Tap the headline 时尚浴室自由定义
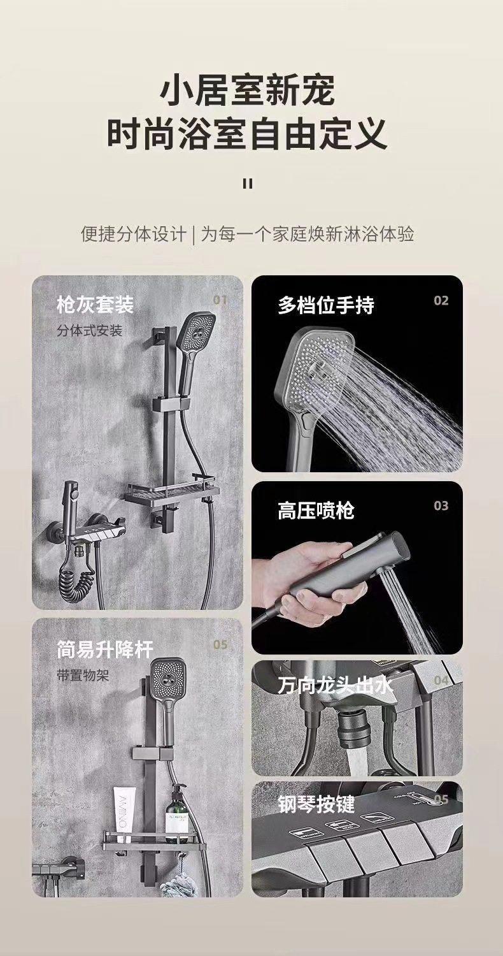click(247, 134)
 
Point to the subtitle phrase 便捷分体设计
click(134, 234)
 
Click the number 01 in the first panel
click(220, 300)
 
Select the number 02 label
click(441, 300)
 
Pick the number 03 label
click(441, 506)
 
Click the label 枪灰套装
click(96, 304)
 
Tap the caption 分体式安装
click(90, 331)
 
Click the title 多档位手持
click(326, 305)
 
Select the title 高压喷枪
click(316, 510)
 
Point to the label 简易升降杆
click(105, 650)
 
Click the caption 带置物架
click(83, 676)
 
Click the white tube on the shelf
click(124, 815)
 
